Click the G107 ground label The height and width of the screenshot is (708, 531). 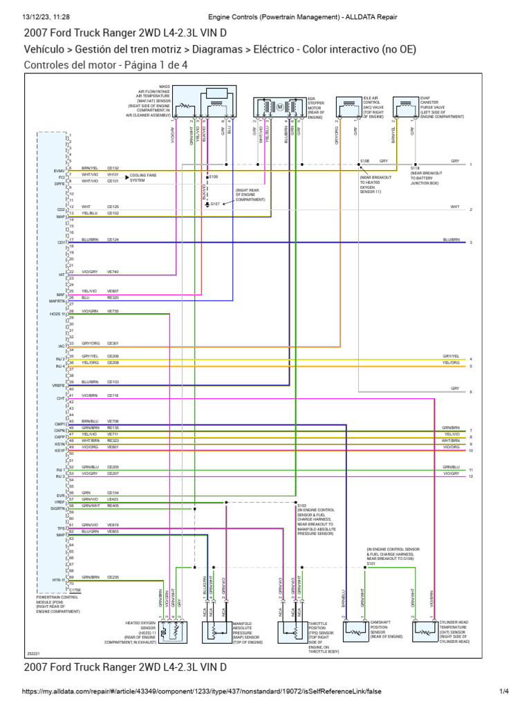point(215,204)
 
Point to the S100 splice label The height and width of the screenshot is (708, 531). point(213,177)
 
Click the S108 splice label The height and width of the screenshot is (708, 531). point(364,160)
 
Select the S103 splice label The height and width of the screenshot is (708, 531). point(301,505)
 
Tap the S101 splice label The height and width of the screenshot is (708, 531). point(371,563)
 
